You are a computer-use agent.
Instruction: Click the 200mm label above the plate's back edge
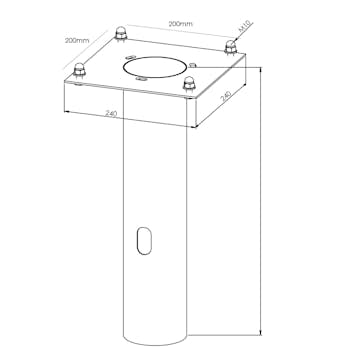tap(180, 24)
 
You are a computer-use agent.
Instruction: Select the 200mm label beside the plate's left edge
tap(77, 40)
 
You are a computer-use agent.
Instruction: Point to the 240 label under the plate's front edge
tap(111, 114)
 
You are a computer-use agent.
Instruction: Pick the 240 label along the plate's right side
tap(226, 96)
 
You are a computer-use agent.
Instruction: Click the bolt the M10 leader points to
tap(230, 46)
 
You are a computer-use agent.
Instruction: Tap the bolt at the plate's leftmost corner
tap(79, 70)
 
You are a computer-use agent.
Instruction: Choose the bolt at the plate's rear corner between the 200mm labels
tap(120, 33)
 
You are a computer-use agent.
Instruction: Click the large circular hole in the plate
tap(154, 67)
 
